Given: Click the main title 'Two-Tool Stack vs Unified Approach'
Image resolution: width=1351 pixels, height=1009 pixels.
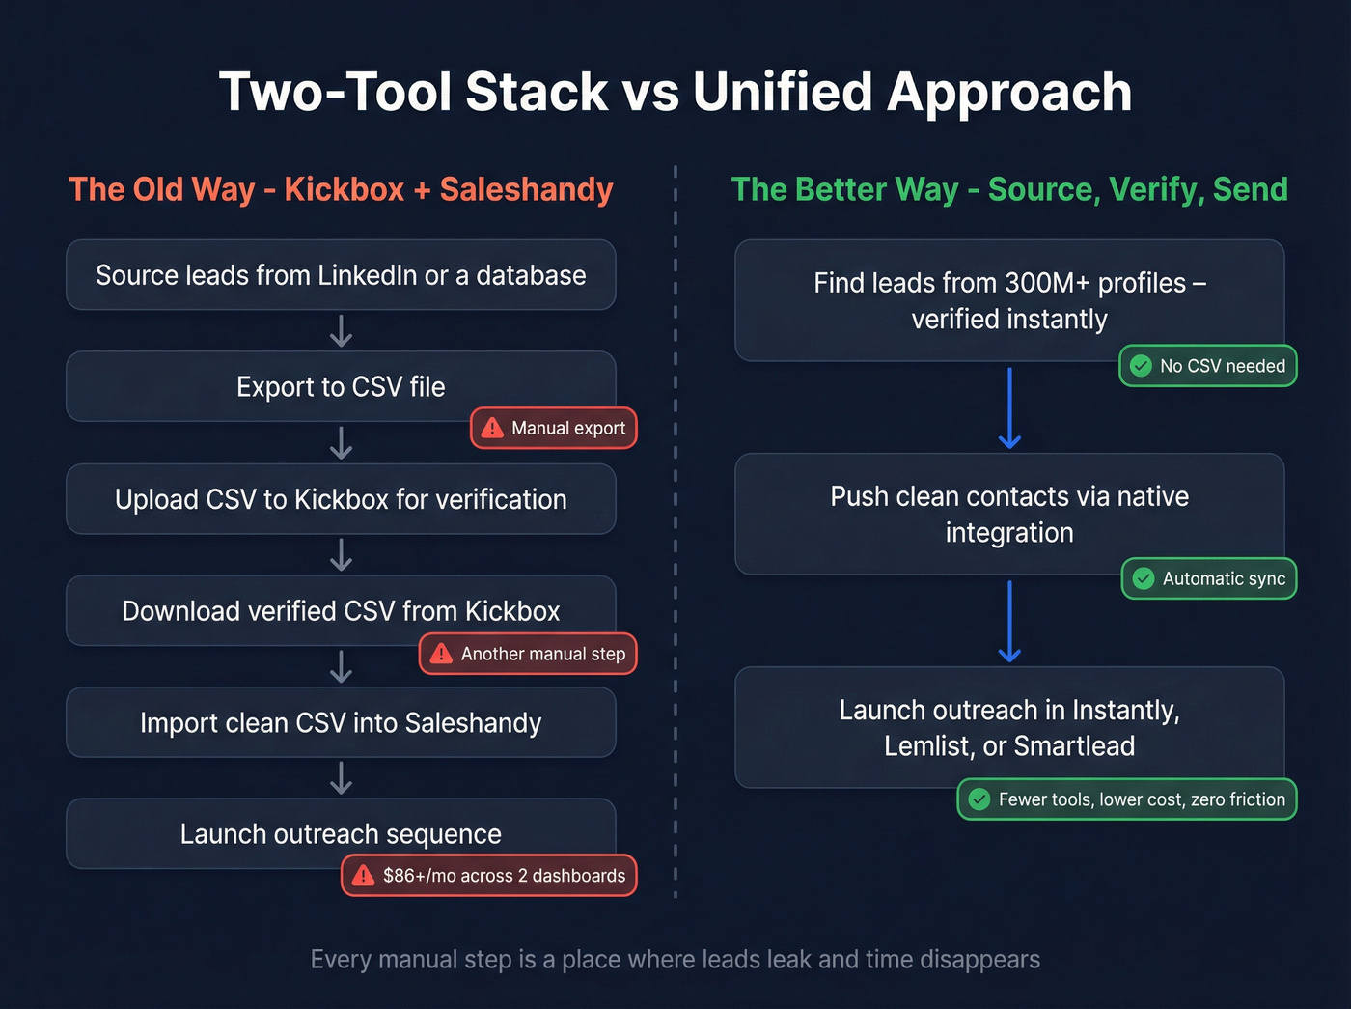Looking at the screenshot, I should (x=675, y=93).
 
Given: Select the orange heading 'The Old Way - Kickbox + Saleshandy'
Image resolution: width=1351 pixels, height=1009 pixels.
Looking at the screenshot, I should (x=341, y=189).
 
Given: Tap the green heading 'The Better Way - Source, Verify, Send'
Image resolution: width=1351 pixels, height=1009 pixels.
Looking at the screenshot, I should (x=1009, y=189).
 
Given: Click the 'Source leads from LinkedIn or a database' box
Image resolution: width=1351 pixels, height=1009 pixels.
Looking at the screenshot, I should (x=341, y=275).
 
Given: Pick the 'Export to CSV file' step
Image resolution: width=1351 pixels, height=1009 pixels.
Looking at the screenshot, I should (x=341, y=386).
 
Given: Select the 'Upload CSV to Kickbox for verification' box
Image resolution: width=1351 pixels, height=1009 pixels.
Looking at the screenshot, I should (x=341, y=499).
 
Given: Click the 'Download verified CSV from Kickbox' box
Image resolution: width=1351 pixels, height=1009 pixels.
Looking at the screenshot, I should (x=341, y=610).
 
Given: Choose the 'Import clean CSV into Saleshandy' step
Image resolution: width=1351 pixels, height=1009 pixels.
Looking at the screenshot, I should (x=341, y=722).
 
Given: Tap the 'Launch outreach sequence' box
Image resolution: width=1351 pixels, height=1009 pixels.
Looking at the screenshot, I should (x=341, y=832).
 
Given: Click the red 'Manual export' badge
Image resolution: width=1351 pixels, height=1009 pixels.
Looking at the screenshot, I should (x=554, y=428).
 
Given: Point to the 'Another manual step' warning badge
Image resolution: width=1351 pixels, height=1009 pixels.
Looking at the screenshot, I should (x=528, y=654).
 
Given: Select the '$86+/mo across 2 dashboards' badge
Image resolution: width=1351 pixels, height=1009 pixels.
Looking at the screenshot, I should (x=489, y=876).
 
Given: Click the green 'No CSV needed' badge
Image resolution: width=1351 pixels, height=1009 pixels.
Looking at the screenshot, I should (x=1207, y=366).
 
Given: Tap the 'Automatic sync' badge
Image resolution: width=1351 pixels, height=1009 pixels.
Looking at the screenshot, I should (x=1209, y=578).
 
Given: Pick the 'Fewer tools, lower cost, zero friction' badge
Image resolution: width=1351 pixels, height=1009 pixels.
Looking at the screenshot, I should (x=1126, y=799).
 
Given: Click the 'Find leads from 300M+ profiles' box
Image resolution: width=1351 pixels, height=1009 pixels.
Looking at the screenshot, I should (x=1009, y=300).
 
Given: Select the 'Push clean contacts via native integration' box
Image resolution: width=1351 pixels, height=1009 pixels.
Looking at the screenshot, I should (x=1009, y=514).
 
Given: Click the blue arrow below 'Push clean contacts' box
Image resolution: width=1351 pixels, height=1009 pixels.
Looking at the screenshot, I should (x=1009, y=621).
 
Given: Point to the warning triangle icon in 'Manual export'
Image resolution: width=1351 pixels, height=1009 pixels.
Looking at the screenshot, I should (x=492, y=428).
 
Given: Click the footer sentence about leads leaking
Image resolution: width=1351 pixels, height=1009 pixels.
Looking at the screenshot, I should (x=675, y=959).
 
